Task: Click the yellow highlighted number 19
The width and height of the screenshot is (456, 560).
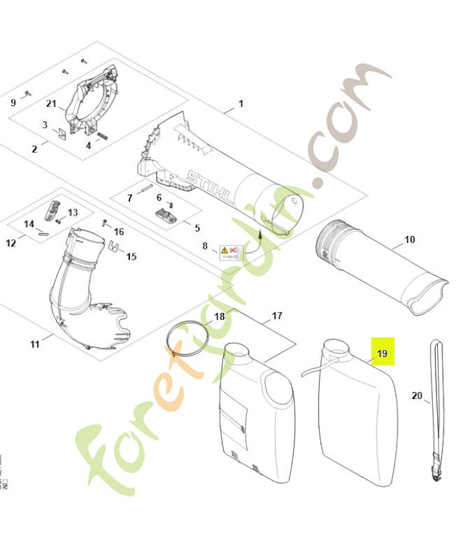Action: [382, 353]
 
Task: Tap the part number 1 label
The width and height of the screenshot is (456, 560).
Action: [241, 104]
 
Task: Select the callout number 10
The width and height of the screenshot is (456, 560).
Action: [409, 239]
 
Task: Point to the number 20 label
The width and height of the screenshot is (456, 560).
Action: [417, 395]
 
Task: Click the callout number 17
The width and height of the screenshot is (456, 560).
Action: [277, 316]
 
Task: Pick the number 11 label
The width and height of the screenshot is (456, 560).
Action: [35, 344]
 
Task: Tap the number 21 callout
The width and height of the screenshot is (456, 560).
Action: [51, 104]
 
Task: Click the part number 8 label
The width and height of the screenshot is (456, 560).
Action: [205, 246]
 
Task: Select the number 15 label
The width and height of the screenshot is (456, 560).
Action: [131, 256]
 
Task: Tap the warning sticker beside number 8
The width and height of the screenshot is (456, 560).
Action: [231, 251]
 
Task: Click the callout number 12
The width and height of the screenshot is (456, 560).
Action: [11, 243]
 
